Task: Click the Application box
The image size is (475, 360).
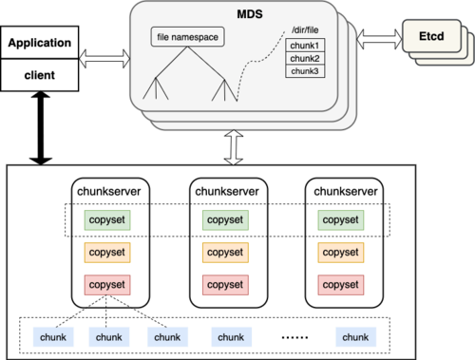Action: click(40, 43)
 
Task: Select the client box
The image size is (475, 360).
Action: click(40, 75)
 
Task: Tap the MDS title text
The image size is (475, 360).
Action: click(250, 14)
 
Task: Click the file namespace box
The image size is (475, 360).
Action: click(188, 37)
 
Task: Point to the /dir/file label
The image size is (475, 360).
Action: click(305, 30)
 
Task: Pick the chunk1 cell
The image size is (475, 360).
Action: click(305, 46)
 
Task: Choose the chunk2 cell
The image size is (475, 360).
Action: click(305, 58)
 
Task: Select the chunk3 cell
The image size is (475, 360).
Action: click(305, 71)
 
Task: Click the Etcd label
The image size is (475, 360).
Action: click(431, 36)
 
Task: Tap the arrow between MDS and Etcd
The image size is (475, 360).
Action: click(379, 39)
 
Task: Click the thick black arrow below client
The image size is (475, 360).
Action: click(41, 128)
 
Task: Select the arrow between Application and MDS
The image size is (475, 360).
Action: click(104, 59)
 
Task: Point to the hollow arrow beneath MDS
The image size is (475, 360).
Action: click(234, 147)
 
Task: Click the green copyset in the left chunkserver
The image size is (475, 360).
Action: click(107, 220)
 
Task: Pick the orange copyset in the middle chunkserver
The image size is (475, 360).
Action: click(225, 253)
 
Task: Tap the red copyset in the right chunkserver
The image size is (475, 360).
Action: click(341, 285)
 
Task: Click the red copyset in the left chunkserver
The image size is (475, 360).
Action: click(107, 285)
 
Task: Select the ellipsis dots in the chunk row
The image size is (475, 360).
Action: click(294, 337)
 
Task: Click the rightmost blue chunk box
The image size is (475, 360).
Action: click(356, 337)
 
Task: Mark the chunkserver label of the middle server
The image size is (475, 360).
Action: click(227, 191)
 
